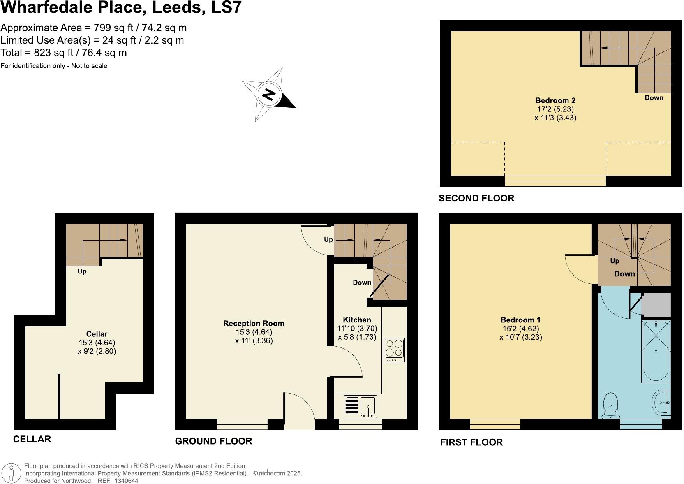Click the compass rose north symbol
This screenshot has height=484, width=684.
[x=269, y=95]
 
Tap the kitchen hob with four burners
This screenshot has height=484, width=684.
[x=394, y=350]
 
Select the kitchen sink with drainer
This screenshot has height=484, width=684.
[x=360, y=407]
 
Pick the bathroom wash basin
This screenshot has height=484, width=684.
[x=661, y=403]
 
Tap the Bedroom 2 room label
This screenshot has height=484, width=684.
[x=555, y=100]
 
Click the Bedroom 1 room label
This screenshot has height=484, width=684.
[x=520, y=320]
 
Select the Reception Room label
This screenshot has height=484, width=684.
[x=254, y=324]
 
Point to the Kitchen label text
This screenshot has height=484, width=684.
[x=357, y=320]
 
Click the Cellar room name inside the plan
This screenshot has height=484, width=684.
[x=97, y=334]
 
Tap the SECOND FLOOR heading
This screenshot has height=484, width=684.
[x=476, y=198]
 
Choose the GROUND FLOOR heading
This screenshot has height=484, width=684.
[x=213, y=441]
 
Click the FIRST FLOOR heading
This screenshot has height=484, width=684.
[x=471, y=442]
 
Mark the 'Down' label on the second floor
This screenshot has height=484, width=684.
[x=654, y=97]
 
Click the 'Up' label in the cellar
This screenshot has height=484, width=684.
[x=82, y=271]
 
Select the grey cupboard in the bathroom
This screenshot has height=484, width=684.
[x=656, y=305]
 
